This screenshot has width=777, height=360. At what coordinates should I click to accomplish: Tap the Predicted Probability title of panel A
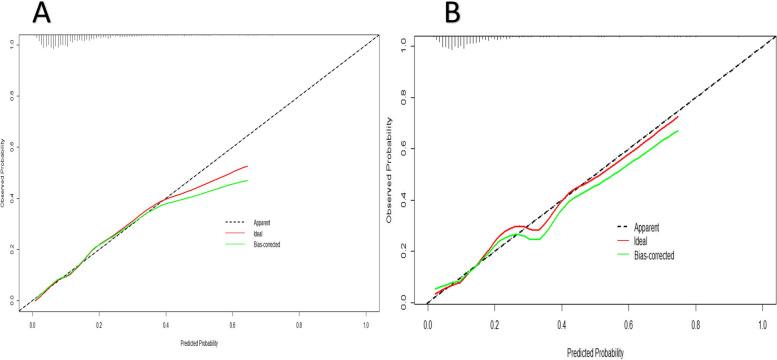click(198, 344)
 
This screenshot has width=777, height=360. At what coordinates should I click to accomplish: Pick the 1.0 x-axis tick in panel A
click(366, 325)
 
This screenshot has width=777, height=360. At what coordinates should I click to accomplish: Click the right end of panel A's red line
click(247, 166)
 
